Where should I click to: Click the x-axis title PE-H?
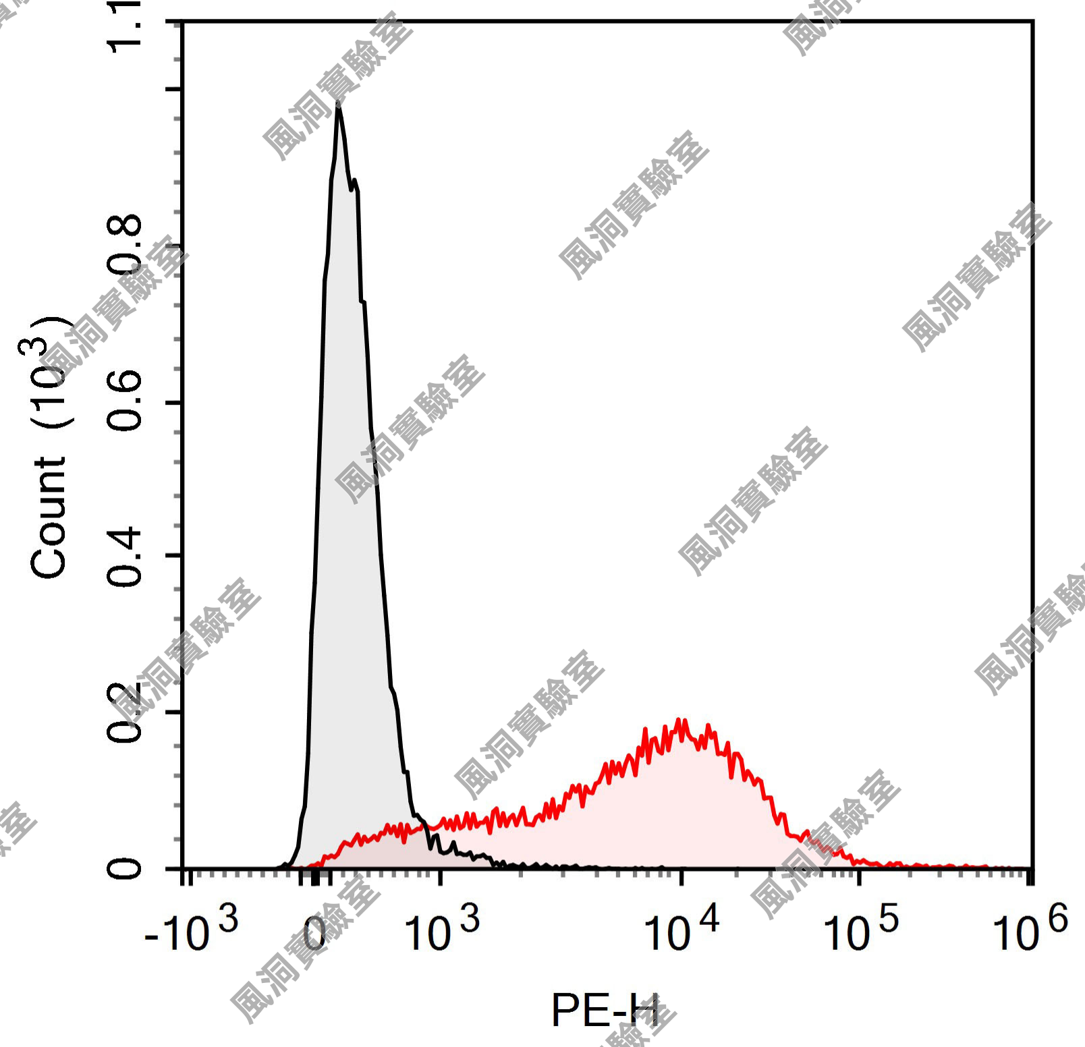605,1010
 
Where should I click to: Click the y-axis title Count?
49,517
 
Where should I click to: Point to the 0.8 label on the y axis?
125,246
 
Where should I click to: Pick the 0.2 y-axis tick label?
125,712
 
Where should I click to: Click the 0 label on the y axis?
125,868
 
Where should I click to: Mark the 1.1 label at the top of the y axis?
125,27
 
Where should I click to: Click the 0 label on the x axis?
314,934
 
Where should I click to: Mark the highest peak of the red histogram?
681,720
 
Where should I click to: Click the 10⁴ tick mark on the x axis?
681,876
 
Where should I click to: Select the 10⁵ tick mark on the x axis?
859,876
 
